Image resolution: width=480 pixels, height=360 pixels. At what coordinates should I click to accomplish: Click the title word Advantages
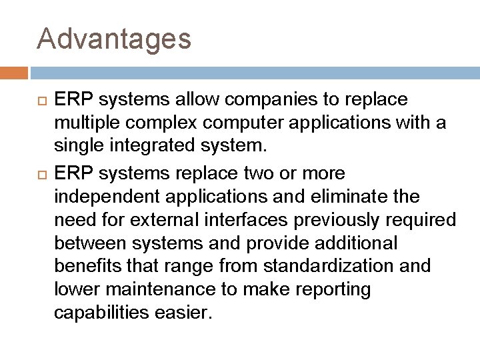tap(114, 39)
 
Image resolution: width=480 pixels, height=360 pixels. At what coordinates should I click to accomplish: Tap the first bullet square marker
tap(42, 100)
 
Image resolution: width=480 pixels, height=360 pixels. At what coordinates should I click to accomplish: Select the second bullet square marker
tap(42, 174)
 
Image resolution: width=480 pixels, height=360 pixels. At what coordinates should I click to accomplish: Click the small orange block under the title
tap(13, 72)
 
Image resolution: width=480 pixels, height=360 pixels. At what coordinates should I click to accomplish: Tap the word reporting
tap(337, 290)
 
